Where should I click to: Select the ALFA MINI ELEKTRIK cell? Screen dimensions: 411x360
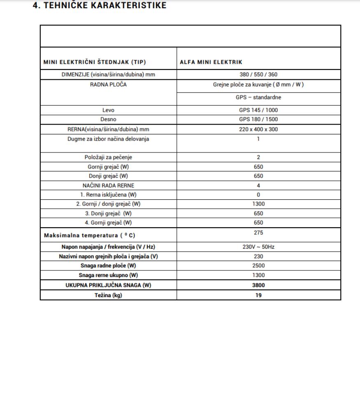[211, 62]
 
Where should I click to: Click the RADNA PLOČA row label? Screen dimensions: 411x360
[108, 85]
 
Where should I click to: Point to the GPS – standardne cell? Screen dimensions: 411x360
[258, 97]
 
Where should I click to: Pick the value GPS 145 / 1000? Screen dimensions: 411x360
[258, 110]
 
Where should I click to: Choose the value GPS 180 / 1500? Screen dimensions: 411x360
[258, 120]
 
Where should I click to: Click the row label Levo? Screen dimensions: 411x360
[108, 110]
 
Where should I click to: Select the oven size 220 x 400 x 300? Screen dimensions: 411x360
[258, 129]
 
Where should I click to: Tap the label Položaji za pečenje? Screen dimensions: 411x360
[108, 157]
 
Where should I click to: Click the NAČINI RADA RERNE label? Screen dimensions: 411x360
[108, 185]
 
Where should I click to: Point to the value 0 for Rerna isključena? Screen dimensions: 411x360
[258, 195]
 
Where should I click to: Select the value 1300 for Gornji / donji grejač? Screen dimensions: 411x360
[258, 204]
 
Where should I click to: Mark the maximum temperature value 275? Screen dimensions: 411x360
[258, 233]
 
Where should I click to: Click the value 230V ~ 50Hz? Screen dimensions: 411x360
[258, 247]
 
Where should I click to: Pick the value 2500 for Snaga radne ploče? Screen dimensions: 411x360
[258, 266]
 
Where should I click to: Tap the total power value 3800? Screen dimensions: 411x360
[258, 285]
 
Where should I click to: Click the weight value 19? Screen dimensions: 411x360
[258, 295]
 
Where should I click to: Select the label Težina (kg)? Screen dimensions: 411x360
[108, 295]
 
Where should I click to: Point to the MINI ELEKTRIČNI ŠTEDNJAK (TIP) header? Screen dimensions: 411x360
[95, 62]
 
